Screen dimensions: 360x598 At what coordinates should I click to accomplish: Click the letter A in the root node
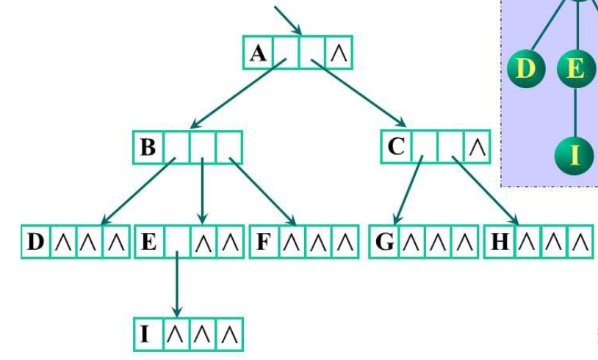(x=257, y=54)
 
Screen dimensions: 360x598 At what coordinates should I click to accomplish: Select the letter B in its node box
(x=148, y=148)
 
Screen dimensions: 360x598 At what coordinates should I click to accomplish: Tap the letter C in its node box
(x=396, y=147)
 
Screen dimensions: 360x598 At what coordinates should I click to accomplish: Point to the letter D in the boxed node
(x=36, y=242)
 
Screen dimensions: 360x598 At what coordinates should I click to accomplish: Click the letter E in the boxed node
(x=148, y=242)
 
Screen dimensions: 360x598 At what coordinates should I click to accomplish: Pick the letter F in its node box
(x=263, y=242)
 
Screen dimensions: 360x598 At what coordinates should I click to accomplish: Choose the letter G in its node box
(x=385, y=242)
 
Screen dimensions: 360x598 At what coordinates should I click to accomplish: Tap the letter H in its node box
(x=498, y=242)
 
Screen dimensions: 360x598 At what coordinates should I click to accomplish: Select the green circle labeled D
(x=525, y=71)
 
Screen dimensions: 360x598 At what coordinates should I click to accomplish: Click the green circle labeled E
(x=574, y=71)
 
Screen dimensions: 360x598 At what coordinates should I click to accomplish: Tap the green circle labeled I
(x=574, y=155)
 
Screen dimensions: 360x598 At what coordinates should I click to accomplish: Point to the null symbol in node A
(x=339, y=54)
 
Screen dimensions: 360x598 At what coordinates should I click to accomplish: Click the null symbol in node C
(x=478, y=147)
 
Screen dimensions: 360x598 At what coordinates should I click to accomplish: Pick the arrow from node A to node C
(x=360, y=94)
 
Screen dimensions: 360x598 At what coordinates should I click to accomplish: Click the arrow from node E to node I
(x=176, y=287)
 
